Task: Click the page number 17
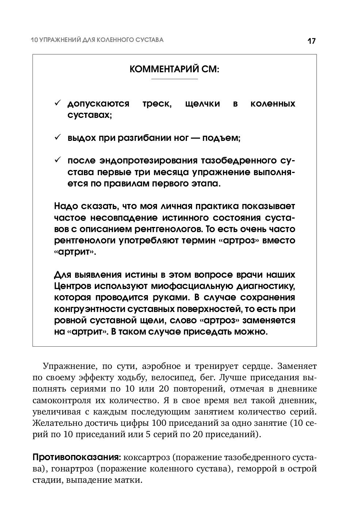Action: [x=311, y=41]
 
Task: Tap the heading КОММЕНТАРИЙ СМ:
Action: [x=175, y=69]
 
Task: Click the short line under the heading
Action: [x=175, y=79]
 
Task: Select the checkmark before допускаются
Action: [x=58, y=104]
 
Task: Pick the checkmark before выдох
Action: [x=58, y=138]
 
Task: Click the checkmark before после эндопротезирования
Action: [x=58, y=161]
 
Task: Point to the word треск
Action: [x=157, y=104]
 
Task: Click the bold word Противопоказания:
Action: [x=77, y=457]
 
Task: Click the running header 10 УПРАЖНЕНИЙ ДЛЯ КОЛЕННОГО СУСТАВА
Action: [x=97, y=40]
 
